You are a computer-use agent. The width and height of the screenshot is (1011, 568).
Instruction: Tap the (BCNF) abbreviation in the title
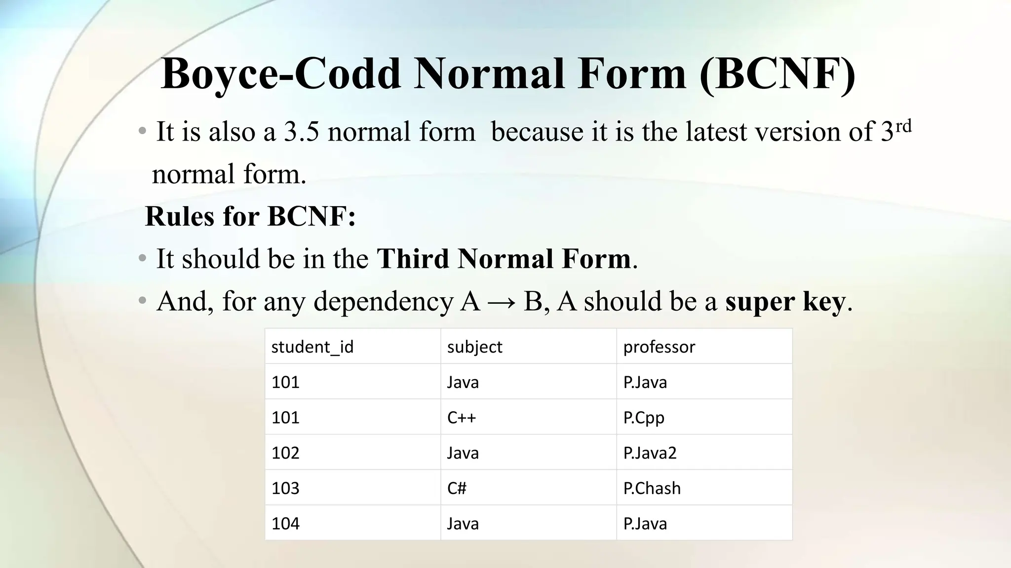pyautogui.click(x=777, y=74)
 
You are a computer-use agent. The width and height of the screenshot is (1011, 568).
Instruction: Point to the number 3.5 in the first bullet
pyautogui.click(x=301, y=132)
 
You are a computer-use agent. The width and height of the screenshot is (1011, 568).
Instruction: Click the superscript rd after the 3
pyautogui.click(x=903, y=126)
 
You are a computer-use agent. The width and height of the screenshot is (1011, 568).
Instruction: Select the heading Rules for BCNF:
pyautogui.click(x=250, y=216)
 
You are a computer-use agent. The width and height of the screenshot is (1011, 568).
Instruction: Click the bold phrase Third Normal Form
pyautogui.click(x=504, y=258)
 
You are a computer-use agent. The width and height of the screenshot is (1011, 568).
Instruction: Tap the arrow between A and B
pyautogui.click(x=502, y=302)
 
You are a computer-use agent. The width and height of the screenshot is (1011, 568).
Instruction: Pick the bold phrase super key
pyautogui.click(x=785, y=302)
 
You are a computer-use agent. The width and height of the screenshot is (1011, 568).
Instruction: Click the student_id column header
pyautogui.click(x=312, y=347)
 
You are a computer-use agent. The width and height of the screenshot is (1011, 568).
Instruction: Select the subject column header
pyautogui.click(x=474, y=347)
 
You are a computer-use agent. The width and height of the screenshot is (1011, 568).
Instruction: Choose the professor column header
pyautogui.click(x=659, y=347)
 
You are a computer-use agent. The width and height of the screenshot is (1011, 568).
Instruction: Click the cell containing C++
pyautogui.click(x=462, y=418)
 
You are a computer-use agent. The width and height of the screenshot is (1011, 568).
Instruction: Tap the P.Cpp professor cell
pyautogui.click(x=644, y=418)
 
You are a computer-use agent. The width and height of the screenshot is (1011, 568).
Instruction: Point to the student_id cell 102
pyautogui.click(x=285, y=453)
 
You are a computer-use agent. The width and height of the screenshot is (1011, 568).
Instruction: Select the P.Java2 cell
pyautogui.click(x=650, y=453)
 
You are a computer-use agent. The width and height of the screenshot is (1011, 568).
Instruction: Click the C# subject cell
pyautogui.click(x=457, y=488)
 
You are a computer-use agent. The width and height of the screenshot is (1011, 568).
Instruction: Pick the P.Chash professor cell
pyautogui.click(x=652, y=488)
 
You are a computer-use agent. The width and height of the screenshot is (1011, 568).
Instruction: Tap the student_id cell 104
pyautogui.click(x=285, y=523)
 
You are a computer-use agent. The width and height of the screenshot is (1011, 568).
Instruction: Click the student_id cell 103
pyautogui.click(x=285, y=488)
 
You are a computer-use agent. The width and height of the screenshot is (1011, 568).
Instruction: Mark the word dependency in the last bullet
pyautogui.click(x=383, y=302)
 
